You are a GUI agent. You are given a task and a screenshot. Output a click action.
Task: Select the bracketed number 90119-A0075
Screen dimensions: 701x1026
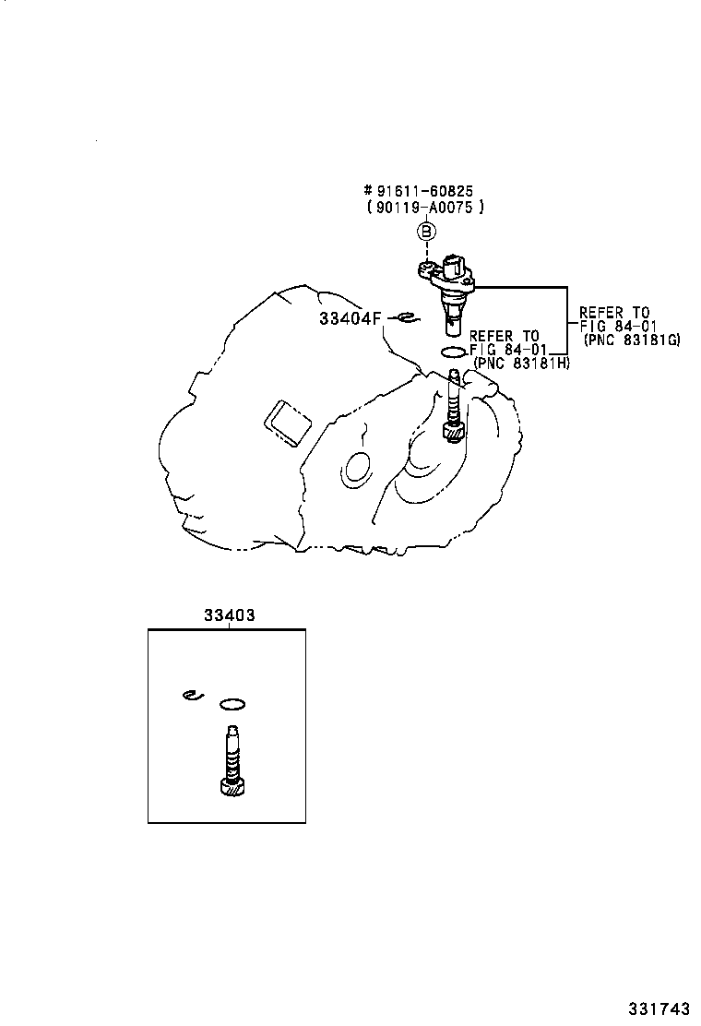pos(426,208)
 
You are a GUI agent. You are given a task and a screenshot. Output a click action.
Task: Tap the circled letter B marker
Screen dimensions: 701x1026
pos(426,231)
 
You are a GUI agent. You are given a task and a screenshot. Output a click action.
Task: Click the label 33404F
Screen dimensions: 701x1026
pos(350,318)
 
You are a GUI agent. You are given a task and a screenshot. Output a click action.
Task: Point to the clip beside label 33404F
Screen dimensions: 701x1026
pos(408,318)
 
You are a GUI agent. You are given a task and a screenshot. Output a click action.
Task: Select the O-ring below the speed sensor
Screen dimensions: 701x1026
pos(453,352)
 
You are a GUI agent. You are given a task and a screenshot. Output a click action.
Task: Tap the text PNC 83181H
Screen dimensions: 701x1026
pos(521,364)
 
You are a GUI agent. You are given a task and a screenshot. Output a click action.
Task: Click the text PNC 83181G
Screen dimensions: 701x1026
pos(632,340)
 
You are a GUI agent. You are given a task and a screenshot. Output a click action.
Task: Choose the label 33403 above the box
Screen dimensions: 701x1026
pos(229,615)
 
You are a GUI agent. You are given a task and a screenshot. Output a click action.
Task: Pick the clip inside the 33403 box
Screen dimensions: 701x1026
pos(194,695)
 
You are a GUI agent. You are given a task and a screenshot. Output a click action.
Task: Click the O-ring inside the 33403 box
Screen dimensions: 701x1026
pos(232,704)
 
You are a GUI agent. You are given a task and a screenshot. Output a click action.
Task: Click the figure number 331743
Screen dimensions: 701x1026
pos(659,1008)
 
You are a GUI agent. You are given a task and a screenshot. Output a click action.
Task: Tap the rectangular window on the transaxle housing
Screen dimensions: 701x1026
pos(287,424)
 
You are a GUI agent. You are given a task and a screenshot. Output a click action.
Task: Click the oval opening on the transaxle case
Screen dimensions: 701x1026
pos(356,469)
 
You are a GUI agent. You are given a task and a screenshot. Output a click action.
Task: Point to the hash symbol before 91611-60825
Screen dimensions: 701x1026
pos(368,191)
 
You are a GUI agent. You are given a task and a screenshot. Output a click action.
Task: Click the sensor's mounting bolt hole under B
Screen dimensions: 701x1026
pos(427,267)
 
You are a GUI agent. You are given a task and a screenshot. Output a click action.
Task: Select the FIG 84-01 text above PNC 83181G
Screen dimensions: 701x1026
pos(618,326)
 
